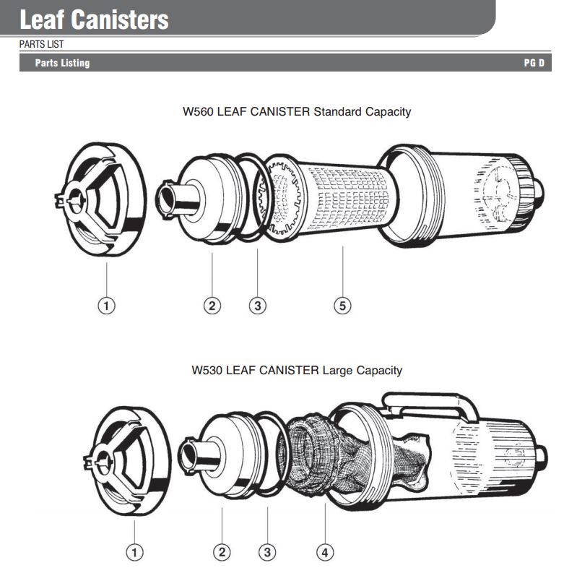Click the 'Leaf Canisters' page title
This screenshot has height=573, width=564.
coord(94,20)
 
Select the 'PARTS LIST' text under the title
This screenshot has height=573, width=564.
coord(41,44)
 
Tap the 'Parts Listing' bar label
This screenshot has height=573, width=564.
coord(62,63)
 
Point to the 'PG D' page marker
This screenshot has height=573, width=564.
coord(534,63)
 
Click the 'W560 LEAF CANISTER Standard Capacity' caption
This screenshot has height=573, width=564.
coord(297,112)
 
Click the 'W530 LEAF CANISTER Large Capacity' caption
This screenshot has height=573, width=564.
coord(297,370)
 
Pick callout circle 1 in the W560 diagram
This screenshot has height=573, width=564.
coord(106,306)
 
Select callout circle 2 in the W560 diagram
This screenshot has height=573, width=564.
coord(212,306)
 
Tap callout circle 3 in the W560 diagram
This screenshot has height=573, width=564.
coord(257,306)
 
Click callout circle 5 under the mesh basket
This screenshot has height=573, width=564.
coord(343,306)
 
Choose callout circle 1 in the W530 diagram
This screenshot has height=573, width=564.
coord(134,553)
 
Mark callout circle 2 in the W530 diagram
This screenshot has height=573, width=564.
coord(222,553)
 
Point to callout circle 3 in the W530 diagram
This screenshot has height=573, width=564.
coord(267,553)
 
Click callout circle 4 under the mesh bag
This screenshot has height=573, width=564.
coord(325,553)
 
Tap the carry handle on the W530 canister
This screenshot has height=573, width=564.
coord(433,401)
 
